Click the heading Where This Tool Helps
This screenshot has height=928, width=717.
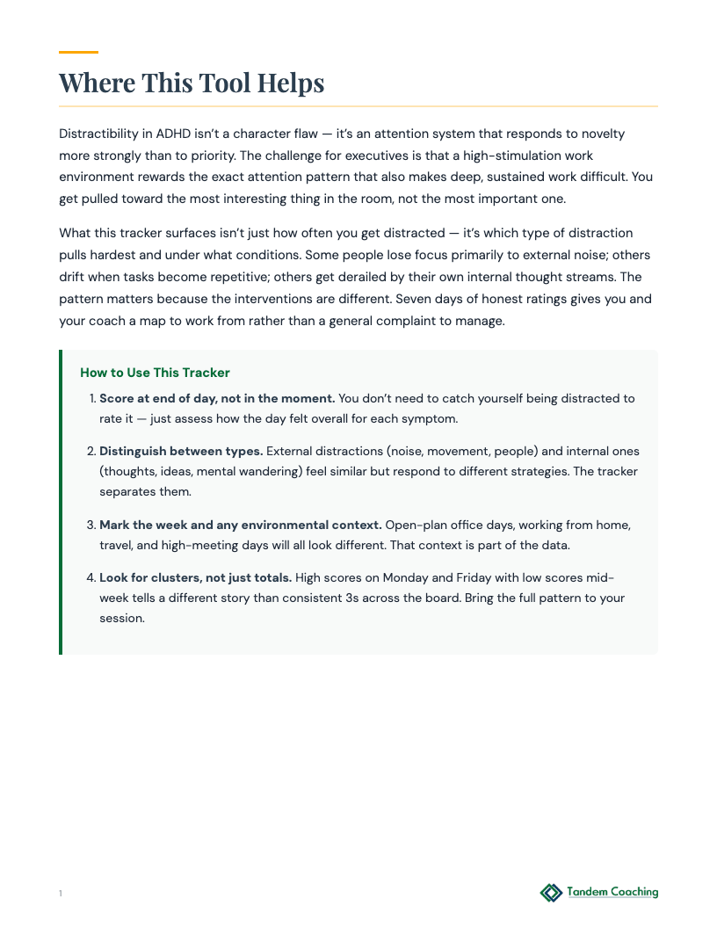pyautogui.click(x=192, y=83)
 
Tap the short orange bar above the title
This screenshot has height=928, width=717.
pyautogui.click(x=78, y=53)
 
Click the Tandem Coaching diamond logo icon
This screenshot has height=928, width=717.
pyautogui.click(x=551, y=893)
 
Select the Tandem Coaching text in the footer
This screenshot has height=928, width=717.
pyautogui.click(x=612, y=892)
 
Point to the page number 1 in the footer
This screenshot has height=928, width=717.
pyautogui.click(x=61, y=894)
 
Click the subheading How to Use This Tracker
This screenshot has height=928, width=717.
pyautogui.click(x=155, y=373)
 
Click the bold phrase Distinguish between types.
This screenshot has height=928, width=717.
pyautogui.click(x=181, y=451)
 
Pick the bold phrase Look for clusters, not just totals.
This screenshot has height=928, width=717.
pyautogui.click(x=195, y=577)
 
